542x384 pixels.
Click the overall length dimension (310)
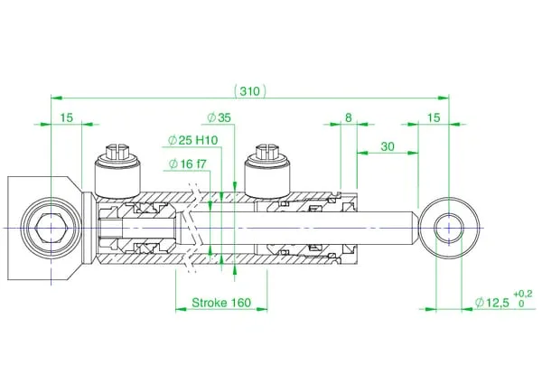coord(250,91)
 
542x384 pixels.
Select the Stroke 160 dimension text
coord(221,303)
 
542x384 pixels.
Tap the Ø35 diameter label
coord(219,117)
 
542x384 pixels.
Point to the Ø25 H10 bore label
coord(193,140)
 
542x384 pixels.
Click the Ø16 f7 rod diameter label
coord(188,164)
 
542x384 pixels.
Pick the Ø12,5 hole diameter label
coord(492,303)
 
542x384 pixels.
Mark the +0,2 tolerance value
coord(523,295)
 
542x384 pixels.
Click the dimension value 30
coord(388,146)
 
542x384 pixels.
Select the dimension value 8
coord(349,117)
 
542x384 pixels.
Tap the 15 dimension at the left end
coord(67,117)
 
